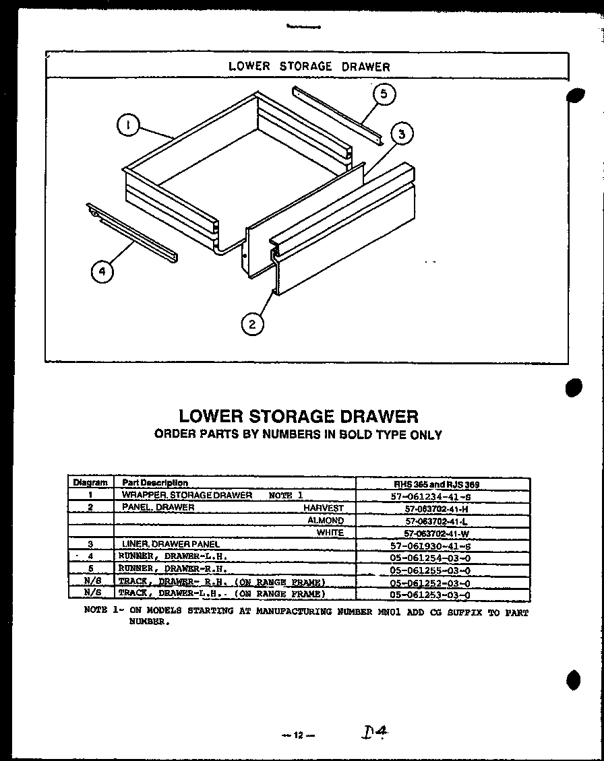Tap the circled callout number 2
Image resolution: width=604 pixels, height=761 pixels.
coord(252,324)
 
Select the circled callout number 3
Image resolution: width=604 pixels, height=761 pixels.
coord(402,135)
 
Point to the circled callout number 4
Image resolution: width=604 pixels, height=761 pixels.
coord(102,271)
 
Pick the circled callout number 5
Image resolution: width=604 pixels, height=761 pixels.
coord(384,94)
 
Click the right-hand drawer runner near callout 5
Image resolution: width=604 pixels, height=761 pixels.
coord(337,114)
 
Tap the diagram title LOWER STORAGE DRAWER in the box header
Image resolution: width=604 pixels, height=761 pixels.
coord(309,66)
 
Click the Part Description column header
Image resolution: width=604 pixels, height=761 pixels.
coord(154,483)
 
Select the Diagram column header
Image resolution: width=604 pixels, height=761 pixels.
coord(90,483)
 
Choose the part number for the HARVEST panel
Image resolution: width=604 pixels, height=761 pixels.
coord(436,508)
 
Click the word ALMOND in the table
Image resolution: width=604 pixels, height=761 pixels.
coord(326,521)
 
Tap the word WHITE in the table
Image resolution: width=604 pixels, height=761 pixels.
coord(330,533)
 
